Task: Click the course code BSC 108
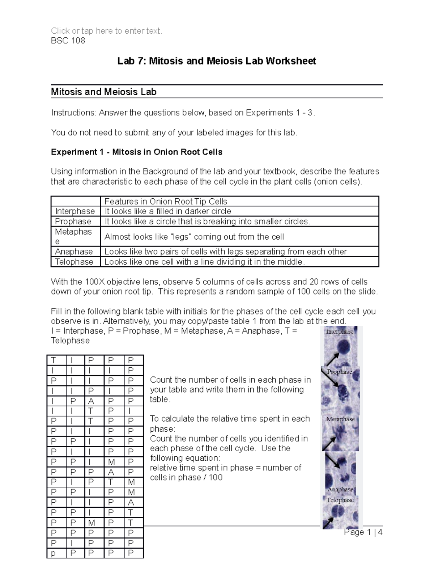point(68,41)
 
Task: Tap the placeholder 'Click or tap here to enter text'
point(107,31)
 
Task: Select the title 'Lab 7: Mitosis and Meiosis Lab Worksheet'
point(217,61)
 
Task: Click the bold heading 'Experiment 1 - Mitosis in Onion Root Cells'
point(136,152)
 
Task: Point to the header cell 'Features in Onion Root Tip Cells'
point(166,201)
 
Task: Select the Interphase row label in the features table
point(75,211)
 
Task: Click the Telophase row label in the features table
point(74,262)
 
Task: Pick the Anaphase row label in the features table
point(74,252)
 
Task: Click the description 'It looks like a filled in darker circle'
point(167,211)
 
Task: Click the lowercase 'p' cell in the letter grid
point(54,553)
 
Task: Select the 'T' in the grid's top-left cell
point(54,360)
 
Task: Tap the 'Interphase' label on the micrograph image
point(339,331)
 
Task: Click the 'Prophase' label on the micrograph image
point(339,372)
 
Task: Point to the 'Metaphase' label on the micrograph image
point(340,419)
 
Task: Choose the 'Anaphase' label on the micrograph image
point(340,490)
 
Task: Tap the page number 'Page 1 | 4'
point(363,532)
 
